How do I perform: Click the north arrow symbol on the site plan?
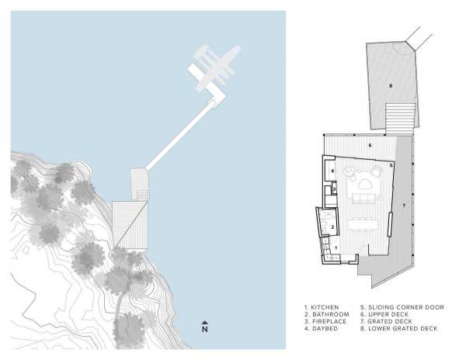pos(204,327)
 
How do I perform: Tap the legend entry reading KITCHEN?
pos(322,307)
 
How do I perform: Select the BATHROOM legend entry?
pos(327,314)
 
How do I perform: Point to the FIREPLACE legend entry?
pos(325,321)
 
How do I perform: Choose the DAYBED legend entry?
pos(321,328)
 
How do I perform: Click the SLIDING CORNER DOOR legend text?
pos(402,307)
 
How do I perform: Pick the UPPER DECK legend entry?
pos(384,314)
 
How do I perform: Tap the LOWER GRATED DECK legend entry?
pos(399,328)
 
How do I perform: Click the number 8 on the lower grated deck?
pos(391,86)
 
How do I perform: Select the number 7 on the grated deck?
pos(404,206)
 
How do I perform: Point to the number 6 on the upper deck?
pos(370,145)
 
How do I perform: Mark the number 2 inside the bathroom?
pos(332,227)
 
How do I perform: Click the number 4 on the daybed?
pos(332,171)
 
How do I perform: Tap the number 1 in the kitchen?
pos(336,247)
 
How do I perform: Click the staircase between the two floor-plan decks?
pos(400,119)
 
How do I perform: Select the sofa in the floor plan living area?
pos(363,199)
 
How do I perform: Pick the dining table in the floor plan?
pos(363,223)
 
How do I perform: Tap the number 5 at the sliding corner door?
pos(391,164)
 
